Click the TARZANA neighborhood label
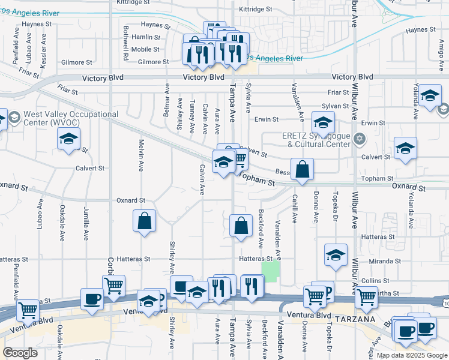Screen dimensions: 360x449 (x=357, y=319)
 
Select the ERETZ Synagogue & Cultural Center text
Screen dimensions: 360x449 (x=316, y=140)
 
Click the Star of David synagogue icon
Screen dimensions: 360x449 (x=360, y=139)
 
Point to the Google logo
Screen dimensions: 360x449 (x=20, y=353)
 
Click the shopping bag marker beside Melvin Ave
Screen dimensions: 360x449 (x=145, y=221)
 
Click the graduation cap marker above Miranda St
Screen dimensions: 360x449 (x=336, y=254)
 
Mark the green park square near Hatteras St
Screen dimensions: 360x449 (x=271, y=270)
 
